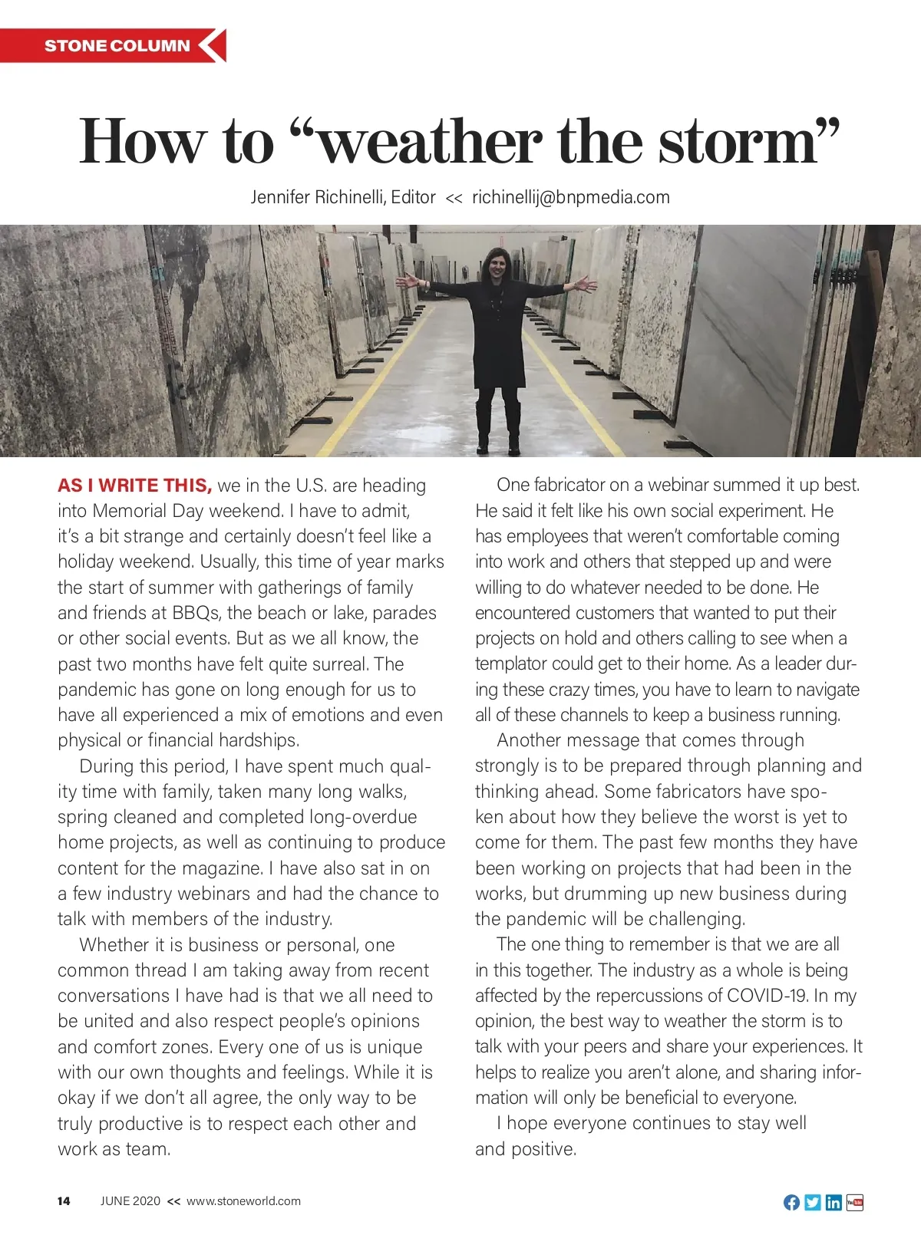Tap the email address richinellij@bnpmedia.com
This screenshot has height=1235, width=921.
click(x=570, y=197)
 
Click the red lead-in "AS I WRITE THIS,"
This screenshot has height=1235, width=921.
click(x=134, y=486)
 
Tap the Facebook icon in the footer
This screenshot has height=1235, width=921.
click(x=791, y=1202)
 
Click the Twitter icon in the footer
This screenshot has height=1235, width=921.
click(x=813, y=1202)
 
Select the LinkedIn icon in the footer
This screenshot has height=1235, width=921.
click(x=834, y=1202)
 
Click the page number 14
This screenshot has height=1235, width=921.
click(x=64, y=1201)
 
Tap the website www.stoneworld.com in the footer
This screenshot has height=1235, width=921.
click(x=243, y=1201)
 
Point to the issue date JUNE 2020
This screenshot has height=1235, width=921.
click(x=130, y=1201)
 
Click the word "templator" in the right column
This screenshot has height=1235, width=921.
click(x=510, y=664)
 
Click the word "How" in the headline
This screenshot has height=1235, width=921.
click(x=142, y=142)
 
